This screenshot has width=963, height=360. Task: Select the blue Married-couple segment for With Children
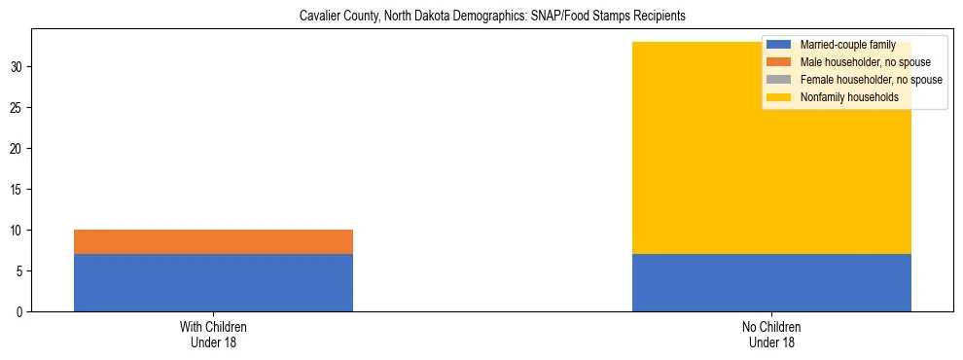point(213,282)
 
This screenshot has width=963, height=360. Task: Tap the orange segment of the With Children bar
point(213,241)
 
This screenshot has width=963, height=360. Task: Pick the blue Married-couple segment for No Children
point(771,282)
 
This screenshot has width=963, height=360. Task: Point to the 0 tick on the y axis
point(20,311)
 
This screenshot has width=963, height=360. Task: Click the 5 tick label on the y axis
point(20,271)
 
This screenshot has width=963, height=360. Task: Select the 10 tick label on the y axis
point(18,231)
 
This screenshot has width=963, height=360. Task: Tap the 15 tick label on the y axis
point(18,190)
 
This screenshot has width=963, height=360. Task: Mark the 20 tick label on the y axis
point(18,149)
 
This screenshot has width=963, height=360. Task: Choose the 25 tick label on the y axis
point(18,108)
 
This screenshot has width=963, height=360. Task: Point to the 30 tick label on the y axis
point(18,67)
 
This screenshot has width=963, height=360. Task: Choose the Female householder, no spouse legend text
point(871,80)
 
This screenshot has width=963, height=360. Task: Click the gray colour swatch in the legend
point(779,80)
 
